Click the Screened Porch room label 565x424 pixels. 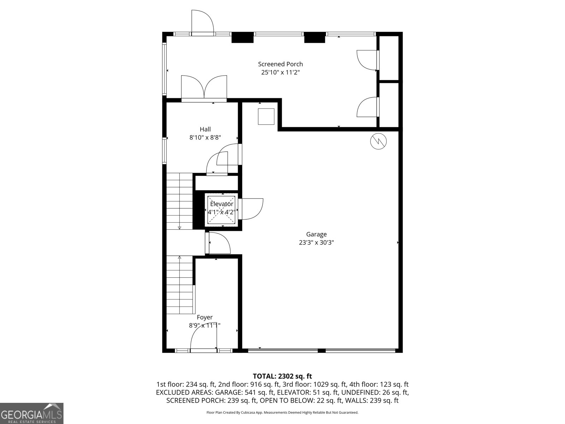pos(280,64)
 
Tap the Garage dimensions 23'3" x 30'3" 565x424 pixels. pos(316,243)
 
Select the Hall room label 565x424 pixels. pos(205,129)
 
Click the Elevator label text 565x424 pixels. pos(221,204)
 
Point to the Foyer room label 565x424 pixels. pos(204,317)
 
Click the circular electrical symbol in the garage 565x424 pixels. pos(378,141)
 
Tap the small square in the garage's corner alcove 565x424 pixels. pos(266,117)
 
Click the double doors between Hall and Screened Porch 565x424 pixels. pos(204,88)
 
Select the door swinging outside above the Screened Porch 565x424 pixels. pos(202,22)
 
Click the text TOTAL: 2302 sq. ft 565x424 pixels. pos(282,376)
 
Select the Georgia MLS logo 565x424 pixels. pos(32,413)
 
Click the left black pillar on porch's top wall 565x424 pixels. pos(243,37)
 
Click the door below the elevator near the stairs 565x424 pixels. pos(219,243)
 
